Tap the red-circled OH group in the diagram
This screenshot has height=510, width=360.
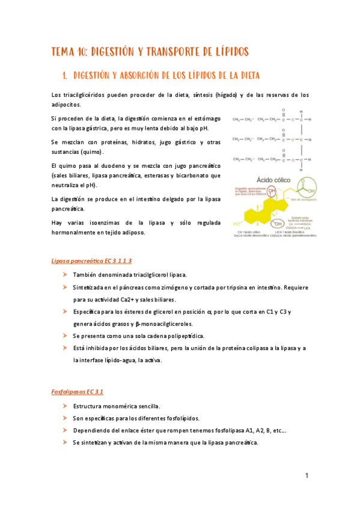click(x=272, y=192)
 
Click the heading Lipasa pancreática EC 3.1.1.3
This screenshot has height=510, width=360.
click(x=91, y=261)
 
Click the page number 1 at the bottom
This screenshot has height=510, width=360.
click(x=307, y=476)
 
